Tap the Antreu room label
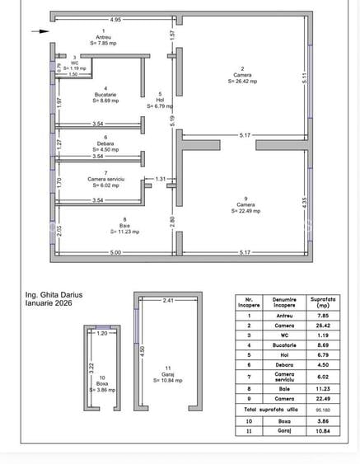pos(104,36)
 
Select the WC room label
pos(74,63)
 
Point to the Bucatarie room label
pos(105,95)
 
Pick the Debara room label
pos(105,144)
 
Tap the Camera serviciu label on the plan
pos(105,179)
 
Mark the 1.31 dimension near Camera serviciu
pos(161,178)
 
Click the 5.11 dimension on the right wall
pos(305,79)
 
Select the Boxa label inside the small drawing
pos(103,383)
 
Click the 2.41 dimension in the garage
pos(167,301)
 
